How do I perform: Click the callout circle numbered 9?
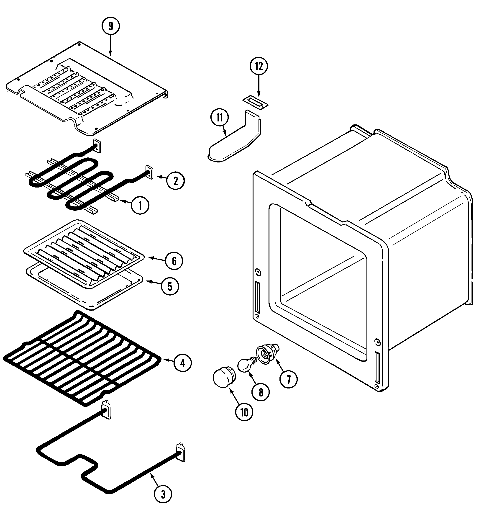click(111, 26)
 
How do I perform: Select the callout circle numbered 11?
click(220, 118)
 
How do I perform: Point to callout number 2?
click(175, 180)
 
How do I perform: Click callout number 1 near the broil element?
click(140, 206)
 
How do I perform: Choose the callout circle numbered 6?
click(174, 261)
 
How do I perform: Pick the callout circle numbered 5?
click(170, 287)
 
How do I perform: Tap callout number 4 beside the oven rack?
click(182, 363)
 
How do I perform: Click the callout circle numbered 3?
click(163, 495)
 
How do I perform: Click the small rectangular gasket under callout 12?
click(255, 101)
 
